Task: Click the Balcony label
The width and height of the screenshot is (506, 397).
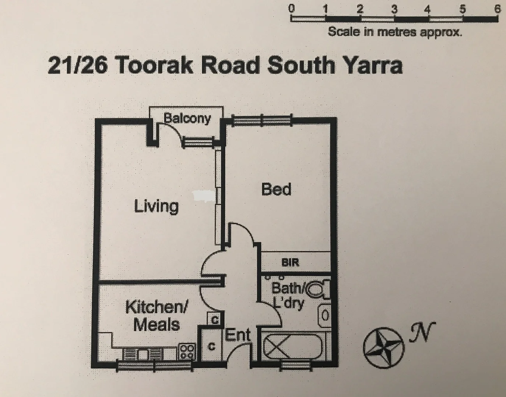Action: coord(187,118)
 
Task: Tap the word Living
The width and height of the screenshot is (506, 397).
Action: coord(156,206)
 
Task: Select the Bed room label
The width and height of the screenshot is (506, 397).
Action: coord(276,189)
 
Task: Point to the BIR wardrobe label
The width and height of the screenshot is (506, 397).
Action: coord(291,262)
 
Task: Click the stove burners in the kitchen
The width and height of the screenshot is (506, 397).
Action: coord(187,351)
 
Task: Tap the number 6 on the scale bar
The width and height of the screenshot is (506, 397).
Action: coord(497,8)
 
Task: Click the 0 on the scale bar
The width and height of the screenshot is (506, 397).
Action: coord(292,8)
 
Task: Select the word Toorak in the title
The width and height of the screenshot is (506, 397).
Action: coord(152,65)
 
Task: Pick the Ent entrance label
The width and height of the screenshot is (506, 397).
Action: coord(238,335)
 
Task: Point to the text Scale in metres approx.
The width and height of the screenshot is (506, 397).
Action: coord(395,32)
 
